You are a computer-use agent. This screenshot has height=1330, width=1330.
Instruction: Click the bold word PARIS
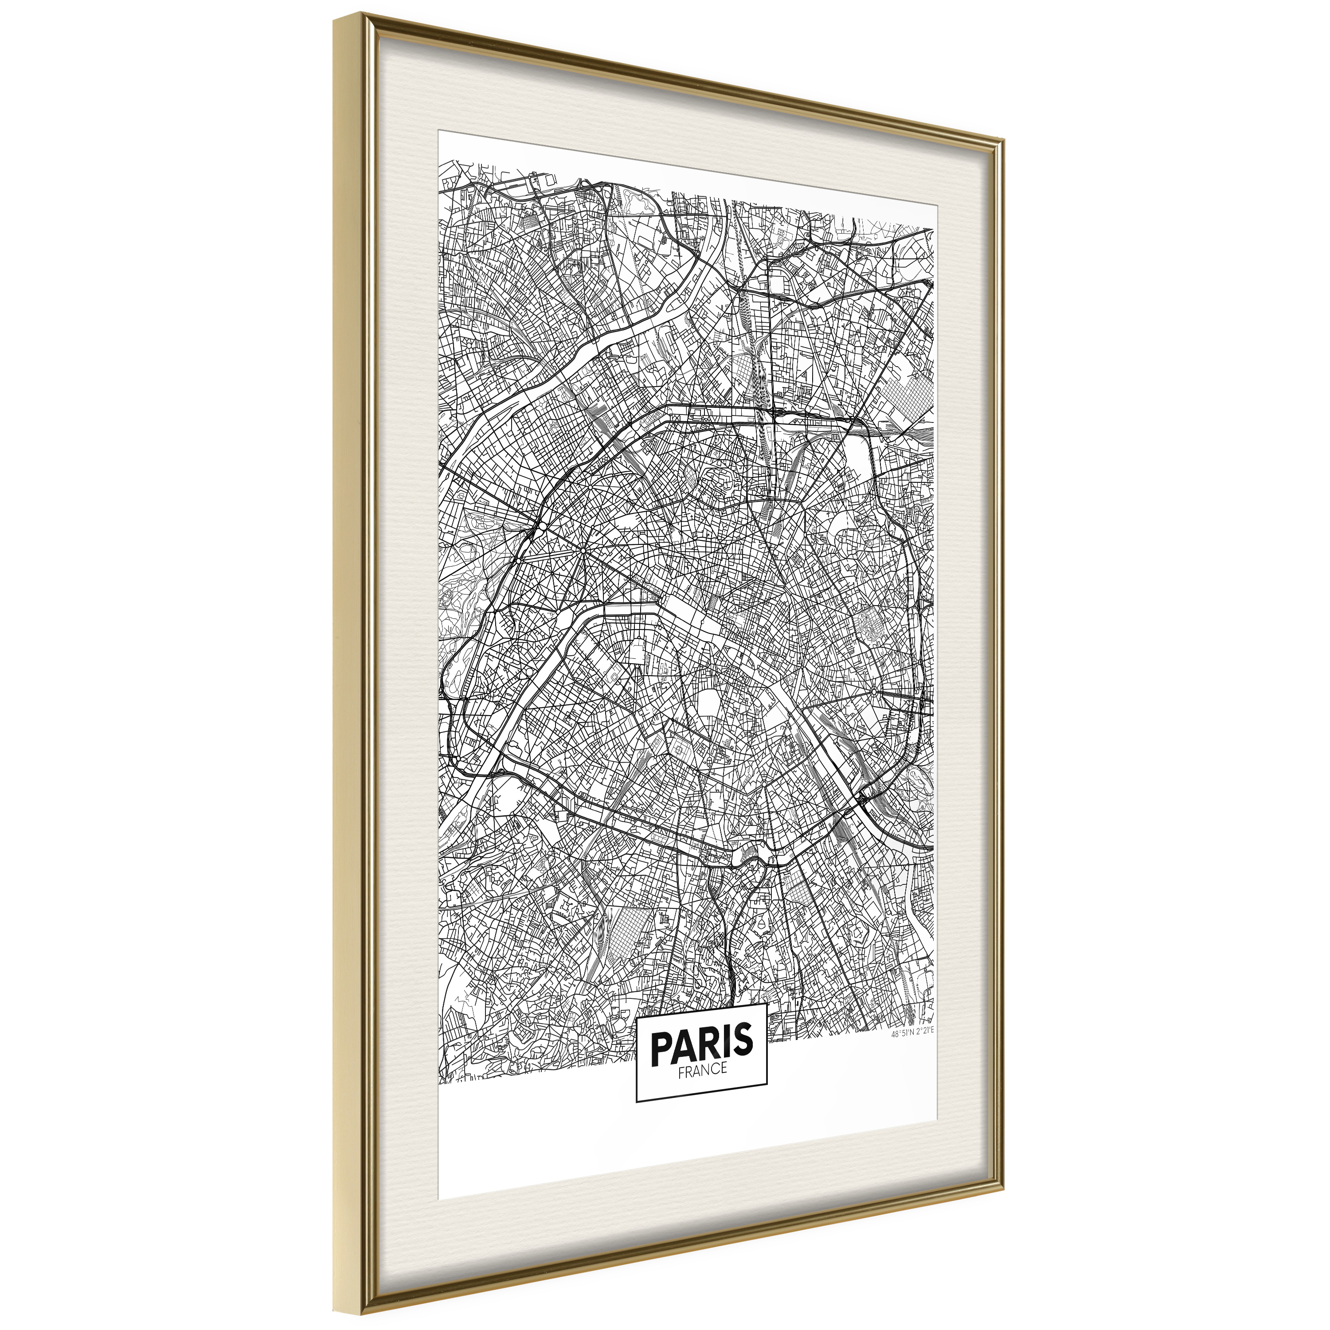(x=701, y=1044)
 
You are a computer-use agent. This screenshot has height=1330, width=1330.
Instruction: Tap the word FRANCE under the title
(x=702, y=1069)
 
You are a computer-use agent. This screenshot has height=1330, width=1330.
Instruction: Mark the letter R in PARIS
(x=709, y=1044)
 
